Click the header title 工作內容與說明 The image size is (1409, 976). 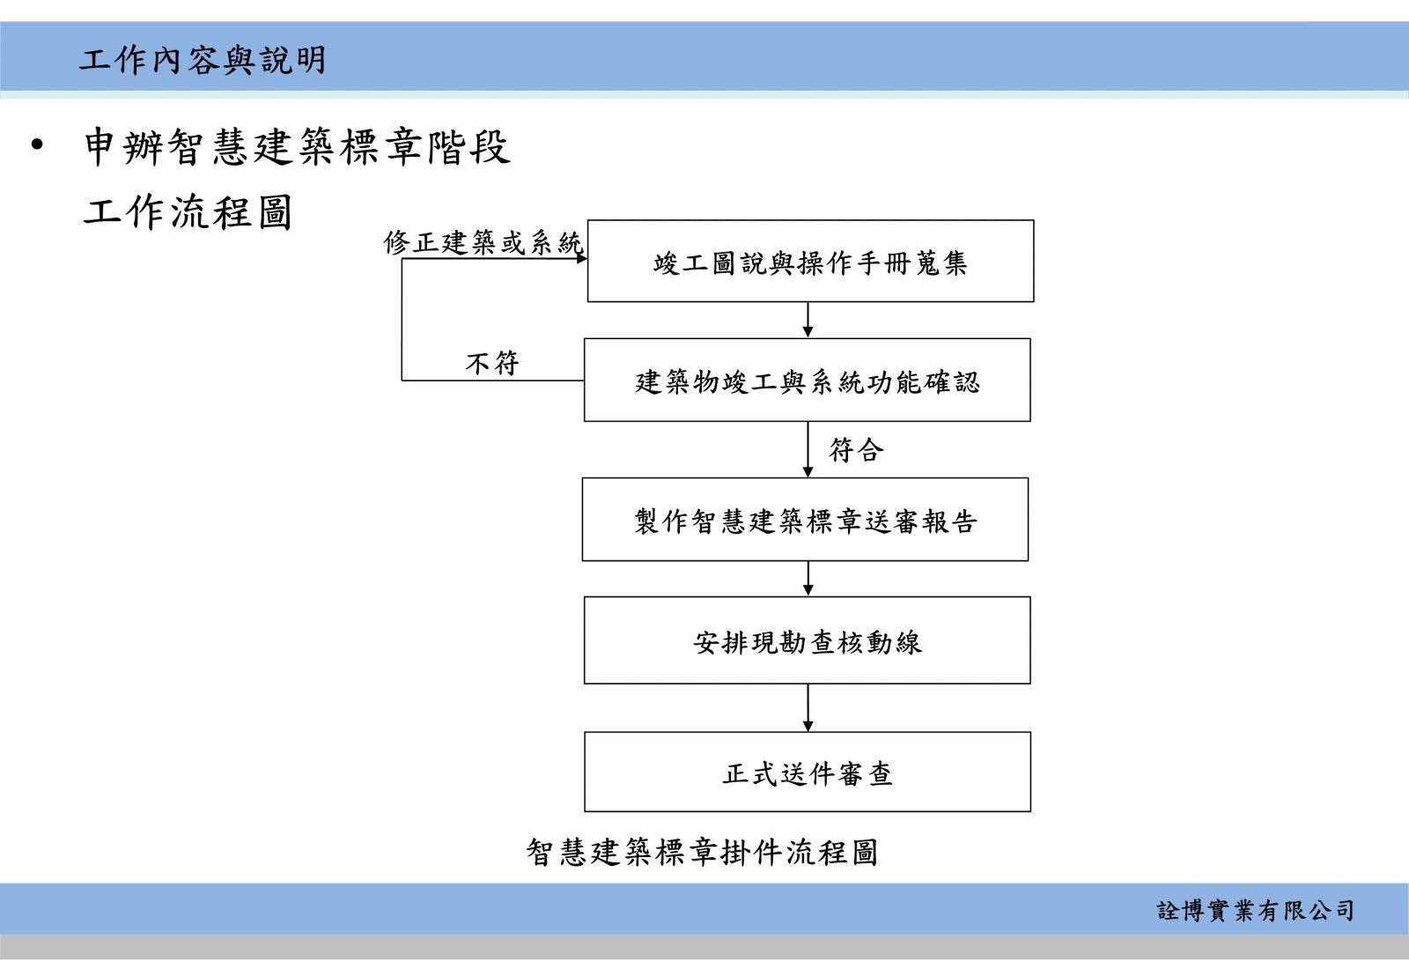click(202, 61)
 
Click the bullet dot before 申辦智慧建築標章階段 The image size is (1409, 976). click(37, 144)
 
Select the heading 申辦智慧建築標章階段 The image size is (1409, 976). click(296, 146)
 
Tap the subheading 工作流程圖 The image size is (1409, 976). click(188, 211)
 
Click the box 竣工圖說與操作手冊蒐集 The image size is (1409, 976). click(810, 261)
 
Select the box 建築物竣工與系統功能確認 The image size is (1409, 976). click(807, 380)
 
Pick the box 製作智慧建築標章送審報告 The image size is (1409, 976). click(805, 519)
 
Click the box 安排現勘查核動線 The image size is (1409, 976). click(807, 640)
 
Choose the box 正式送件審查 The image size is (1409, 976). click(808, 772)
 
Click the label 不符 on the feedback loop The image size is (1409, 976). click(492, 363)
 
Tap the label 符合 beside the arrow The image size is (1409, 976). click(856, 450)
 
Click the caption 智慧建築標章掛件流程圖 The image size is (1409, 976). click(702, 852)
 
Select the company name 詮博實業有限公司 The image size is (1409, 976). click(1256, 911)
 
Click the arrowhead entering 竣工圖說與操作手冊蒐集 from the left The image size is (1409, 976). click(582, 259)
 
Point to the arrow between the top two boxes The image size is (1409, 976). click(808, 320)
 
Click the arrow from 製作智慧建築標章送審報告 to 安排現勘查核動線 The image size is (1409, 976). click(808, 579)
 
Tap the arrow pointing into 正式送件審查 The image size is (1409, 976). click(808, 707)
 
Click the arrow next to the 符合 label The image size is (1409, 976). click(808, 449)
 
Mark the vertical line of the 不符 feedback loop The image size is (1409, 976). click(402, 320)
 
